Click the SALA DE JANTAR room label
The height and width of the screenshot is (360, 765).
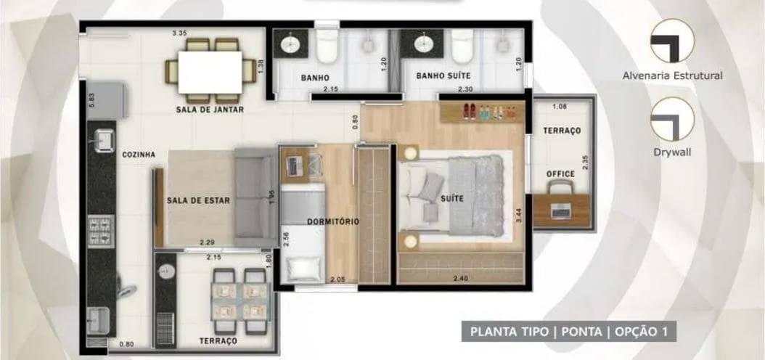[x=210, y=110]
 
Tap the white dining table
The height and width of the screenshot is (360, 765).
[x=210, y=72]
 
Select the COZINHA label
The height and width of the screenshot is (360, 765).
[x=139, y=155]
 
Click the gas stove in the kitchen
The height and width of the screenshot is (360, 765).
[x=101, y=232]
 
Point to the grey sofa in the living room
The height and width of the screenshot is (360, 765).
[x=255, y=197]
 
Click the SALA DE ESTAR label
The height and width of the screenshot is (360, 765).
[x=198, y=200]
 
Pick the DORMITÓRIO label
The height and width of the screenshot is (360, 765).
[x=333, y=222]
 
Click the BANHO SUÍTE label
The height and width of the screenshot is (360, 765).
[x=443, y=76]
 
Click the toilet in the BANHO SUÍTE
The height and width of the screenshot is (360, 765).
[x=462, y=46]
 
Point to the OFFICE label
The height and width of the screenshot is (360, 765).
[x=560, y=174]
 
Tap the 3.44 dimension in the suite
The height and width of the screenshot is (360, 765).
[x=519, y=216]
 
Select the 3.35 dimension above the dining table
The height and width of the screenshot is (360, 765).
[x=180, y=33]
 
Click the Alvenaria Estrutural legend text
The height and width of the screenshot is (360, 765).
[x=672, y=76]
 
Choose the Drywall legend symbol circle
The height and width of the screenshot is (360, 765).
[x=672, y=119]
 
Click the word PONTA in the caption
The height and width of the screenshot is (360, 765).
[x=581, y=332]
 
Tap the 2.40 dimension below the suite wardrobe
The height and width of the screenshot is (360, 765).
[x=461, y=279]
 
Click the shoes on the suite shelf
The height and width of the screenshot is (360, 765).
[x=469, y=111]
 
